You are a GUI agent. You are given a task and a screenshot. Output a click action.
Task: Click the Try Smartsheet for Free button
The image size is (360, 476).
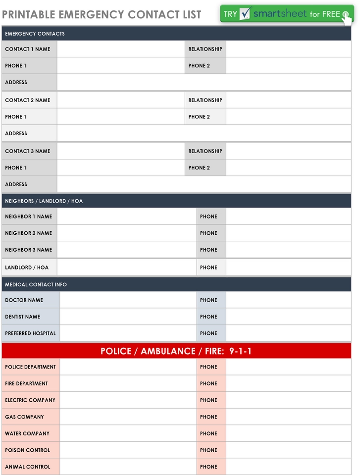(287, 14)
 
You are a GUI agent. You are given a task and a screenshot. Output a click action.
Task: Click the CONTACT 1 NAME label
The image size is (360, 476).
(28, 49)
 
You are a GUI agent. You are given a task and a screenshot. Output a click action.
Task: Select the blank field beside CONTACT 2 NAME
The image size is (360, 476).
(120, 100)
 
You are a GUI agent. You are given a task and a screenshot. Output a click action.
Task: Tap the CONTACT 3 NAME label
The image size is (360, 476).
(28, 151)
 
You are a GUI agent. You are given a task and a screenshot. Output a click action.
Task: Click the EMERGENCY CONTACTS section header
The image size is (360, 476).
(35, 34)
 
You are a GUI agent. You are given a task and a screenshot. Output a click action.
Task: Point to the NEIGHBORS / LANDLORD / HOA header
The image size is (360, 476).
(44, 201)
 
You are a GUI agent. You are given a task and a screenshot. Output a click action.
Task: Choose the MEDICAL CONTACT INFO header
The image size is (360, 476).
(36, 285)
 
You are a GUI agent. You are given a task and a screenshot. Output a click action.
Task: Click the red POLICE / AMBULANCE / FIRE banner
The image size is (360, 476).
(176, 351)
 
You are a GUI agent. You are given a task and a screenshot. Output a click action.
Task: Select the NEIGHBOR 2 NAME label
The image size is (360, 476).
(29, 233)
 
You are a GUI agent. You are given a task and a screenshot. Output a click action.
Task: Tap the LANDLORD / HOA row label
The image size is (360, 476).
(27, 267)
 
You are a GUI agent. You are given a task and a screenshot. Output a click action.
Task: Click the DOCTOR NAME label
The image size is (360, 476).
(24, 300)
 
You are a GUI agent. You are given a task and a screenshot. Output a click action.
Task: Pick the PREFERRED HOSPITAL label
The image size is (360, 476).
(31, 333)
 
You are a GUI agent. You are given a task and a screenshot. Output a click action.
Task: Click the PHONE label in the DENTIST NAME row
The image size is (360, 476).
(208, 317)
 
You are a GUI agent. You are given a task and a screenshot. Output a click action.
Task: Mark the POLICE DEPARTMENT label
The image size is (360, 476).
(31, 367)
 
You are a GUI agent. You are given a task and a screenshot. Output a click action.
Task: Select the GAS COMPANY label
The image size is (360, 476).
(25, 417)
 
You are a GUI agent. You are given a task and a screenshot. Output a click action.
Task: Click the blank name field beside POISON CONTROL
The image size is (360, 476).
(128, 450)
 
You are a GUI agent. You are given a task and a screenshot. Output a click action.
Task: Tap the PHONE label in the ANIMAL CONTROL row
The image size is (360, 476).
(208, 467)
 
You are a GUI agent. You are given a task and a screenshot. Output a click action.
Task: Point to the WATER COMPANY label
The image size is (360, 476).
(27, 433)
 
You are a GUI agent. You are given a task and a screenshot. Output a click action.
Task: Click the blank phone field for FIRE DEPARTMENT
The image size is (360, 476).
(288, 383)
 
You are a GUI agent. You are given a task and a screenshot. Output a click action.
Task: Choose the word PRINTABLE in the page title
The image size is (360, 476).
(29, 14)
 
